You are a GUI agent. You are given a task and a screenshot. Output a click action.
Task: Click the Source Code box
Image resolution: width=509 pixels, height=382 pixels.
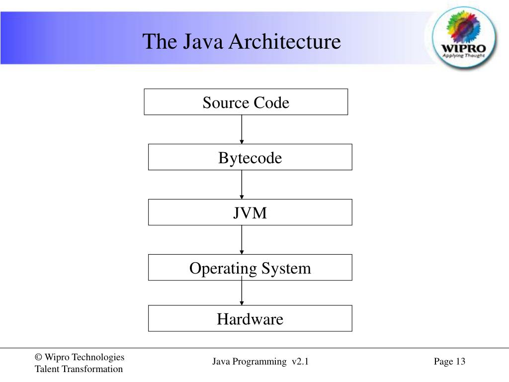click(246, 102)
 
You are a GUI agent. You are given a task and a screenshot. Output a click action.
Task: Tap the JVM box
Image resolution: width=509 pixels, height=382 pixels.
click(250, 212)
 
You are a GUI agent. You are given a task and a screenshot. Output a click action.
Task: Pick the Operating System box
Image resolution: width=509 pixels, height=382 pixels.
click(250, 268)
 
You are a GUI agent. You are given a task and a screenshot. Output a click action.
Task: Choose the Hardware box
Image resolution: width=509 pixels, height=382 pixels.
click(250, 318)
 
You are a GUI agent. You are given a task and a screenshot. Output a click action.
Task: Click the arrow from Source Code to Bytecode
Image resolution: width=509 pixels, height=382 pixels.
click(242, 129)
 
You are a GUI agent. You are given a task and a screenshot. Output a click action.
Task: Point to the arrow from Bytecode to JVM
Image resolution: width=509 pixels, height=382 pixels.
click(242, 185)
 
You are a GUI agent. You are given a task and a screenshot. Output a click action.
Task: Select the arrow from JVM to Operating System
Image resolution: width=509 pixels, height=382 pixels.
click(242, 240)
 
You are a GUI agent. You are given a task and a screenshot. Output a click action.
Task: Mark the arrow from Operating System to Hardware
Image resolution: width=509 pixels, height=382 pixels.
click(242, 292)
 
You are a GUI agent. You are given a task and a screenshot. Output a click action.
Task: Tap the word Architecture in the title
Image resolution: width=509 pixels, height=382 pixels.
click(285, 41)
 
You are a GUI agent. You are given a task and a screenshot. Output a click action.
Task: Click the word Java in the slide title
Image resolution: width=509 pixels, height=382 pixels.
click(201, 41)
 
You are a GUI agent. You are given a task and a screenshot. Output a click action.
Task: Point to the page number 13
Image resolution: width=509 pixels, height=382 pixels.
click(460, 362)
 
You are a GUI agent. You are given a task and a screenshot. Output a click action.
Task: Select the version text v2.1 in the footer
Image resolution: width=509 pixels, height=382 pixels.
click(300, 362)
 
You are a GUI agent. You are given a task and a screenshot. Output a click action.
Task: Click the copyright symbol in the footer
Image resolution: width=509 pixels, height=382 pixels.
click(38, 357)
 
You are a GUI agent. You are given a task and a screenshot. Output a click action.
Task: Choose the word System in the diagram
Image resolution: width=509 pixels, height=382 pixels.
click(288, 269)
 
